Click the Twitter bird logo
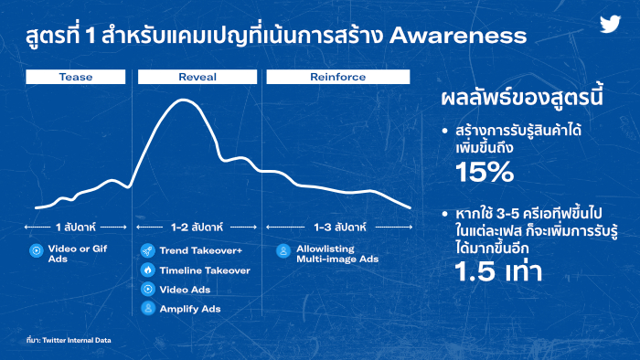610,24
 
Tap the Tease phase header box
76,77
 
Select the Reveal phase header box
197,77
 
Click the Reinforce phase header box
338,77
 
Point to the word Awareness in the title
458,36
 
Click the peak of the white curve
183,100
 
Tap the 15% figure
485,172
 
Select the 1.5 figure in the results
475,271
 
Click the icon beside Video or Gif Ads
37,250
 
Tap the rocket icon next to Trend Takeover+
148,250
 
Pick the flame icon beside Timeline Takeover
148,270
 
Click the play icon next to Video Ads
148,289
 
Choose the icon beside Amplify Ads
148,308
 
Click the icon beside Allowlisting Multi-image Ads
283,250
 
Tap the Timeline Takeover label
205,270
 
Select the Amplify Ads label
190,309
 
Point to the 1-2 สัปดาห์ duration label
197,228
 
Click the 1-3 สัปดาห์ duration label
340,228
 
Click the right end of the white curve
410,208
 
